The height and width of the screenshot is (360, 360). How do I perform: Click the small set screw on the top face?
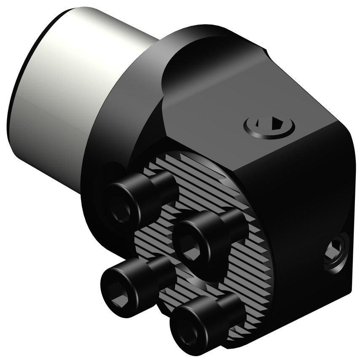pos(269,125)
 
